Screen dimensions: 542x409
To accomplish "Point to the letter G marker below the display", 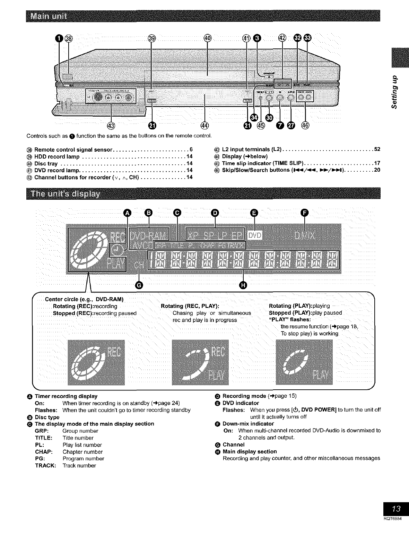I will click(x=139, y=284).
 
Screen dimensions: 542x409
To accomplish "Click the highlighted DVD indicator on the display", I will click(x=255, y=236).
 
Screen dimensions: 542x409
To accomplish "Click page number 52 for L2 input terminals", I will click(x=377, y=150).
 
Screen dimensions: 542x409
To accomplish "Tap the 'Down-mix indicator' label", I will click(x=248, y=424).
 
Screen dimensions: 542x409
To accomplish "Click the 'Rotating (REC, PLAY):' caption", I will click(x=190, y=306).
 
